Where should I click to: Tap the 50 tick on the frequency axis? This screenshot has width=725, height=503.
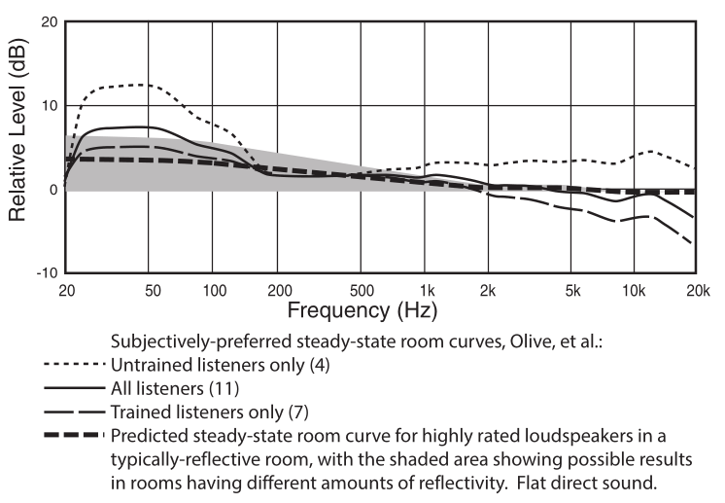pyautogui.click(x=148, y=290)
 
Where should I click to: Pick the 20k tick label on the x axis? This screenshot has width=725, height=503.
pyautogui.click(x=696, y=290)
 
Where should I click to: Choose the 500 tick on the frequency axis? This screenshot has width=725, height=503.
pyautogui.click(x=361, y=290)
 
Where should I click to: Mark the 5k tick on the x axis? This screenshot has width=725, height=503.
pyautogui.click(x=572, y=290)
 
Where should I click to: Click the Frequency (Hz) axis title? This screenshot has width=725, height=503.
pyautogui.click(x=362, y=311)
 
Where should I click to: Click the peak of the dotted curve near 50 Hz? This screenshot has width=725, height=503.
pyautogui.click(x=144, y=85)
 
